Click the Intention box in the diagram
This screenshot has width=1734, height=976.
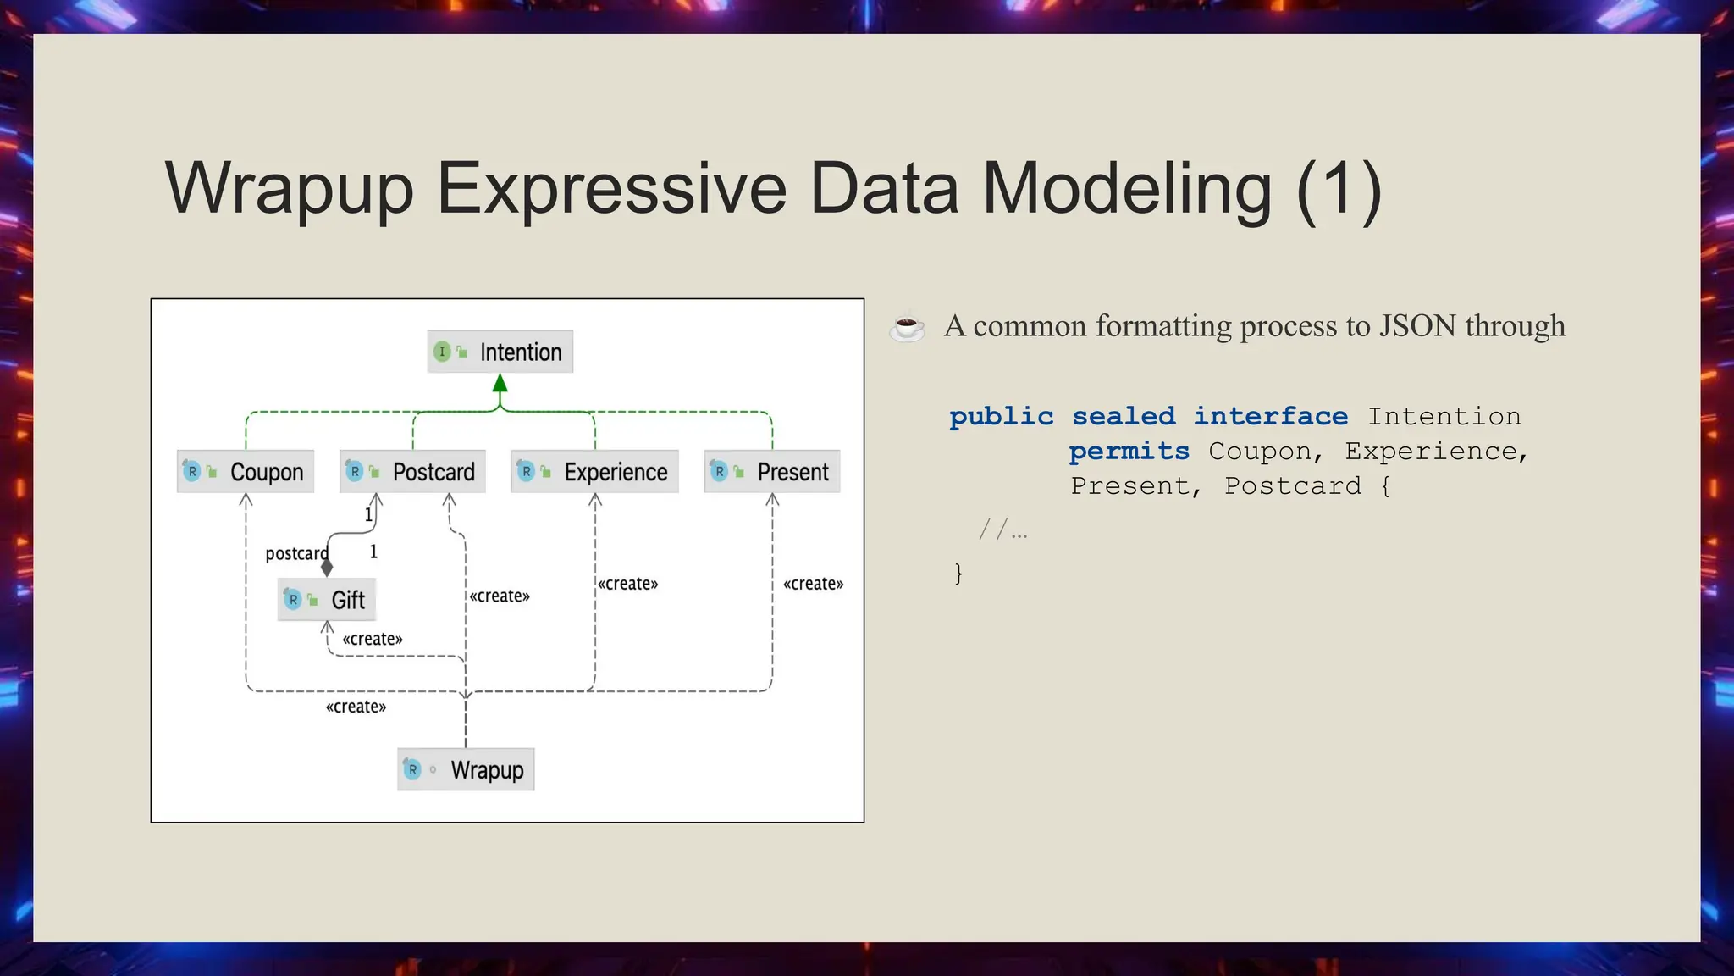500,352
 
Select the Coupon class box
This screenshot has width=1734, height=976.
246,472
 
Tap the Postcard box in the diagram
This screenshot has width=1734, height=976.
412,472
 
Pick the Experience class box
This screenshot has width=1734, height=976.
594,472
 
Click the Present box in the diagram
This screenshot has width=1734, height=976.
772,472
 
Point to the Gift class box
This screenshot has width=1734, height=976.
327,600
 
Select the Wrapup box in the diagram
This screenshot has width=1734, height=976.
466,770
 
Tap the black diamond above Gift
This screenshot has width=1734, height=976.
327,568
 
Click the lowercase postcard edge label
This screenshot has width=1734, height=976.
296,553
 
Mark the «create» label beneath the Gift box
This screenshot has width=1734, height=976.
373,639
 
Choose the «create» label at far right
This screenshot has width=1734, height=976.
813,584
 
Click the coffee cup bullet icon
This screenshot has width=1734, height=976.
907,327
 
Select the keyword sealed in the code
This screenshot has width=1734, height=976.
1124,417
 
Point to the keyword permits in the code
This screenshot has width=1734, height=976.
1129,452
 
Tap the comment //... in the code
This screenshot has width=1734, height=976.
1002,531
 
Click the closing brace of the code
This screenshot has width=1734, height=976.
958,574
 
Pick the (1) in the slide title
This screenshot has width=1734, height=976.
1339,188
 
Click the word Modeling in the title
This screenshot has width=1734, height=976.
1126,188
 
